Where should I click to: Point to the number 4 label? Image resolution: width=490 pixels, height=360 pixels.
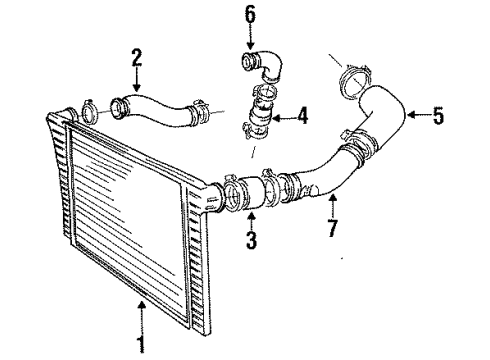tap(303, 115)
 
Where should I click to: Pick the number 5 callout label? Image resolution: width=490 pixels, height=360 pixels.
tap(437, 116)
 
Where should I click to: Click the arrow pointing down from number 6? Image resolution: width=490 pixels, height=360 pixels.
tap(251, 38)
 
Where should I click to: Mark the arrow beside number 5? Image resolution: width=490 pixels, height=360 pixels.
tap(414, 116)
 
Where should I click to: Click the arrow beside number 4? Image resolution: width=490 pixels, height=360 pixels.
tap(283, 115)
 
